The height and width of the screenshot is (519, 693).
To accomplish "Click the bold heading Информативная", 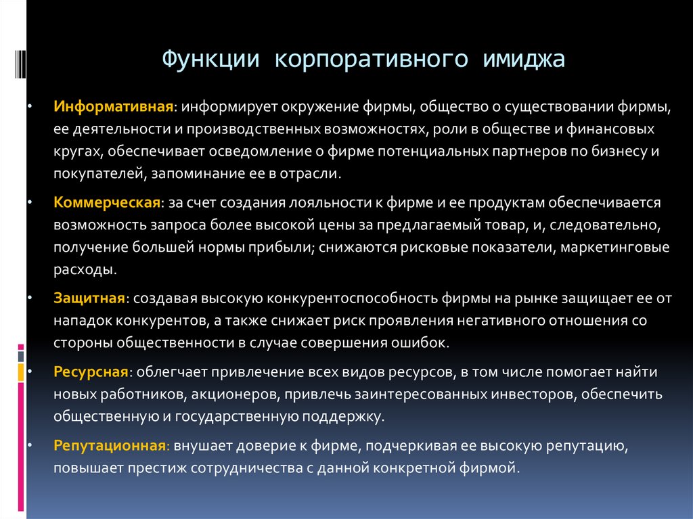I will (x=114, y=107).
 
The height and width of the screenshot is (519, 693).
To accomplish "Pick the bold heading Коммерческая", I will (x=107, y=203).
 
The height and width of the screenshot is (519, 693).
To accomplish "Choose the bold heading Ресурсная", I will (x=91, y=373).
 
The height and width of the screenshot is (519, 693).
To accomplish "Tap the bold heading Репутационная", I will (x=110, y=447).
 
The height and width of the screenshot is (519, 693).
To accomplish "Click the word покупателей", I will (x=94, y=174).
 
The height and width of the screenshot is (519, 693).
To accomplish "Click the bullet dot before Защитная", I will (x=28, y=298).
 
